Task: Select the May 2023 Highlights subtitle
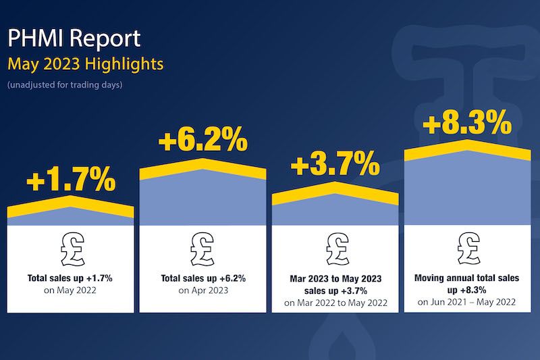pyautogui.click(x=85, y=65)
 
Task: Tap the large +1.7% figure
pyautogui.click(x=71, y=180)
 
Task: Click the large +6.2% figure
pyautogui.click(x=202, y=143)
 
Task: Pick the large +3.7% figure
pyautogui.click(x=335, y=164)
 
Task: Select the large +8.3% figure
pyautogui.click(x=466, y=124)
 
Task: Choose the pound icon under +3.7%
pyautogui.click(x=335, y=248)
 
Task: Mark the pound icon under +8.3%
pyautogui.click(x=466, y=247)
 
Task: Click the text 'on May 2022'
pyautogui.click(x=71, y=291)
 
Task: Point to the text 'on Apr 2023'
pyautogui.click(x=202, y=291)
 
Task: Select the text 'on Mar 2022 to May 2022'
pyautogui.click(x=335, y=302)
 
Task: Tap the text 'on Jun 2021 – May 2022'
pyautogui.click(x=466, y=302)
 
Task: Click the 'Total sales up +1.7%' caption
pyautogui.click(x=71, y=278)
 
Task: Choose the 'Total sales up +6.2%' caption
pyautogui.click(x=202, y=278)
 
